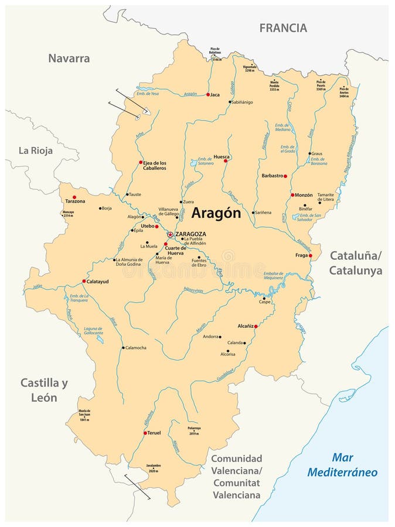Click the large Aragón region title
point(216,214)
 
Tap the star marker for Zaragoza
point(170,234)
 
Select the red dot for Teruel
point(145,433)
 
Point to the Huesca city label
point(222,156)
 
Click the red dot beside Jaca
point(208,94)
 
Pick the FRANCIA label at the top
point(283,28)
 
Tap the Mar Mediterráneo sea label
point(351,465)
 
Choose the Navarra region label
point(69,59)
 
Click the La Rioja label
point(36,150)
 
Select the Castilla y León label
point(45,390)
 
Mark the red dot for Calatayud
point(84,281)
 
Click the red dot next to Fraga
point(311,256)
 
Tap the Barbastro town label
point(272,176)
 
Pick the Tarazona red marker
point(74,197)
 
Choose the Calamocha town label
point(135,348)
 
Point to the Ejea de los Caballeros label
point(155,165)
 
